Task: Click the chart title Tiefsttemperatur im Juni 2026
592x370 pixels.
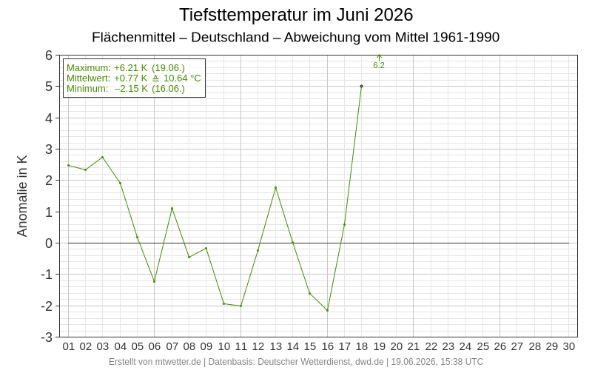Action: [296, 15]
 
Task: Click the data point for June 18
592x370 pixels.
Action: [361, 86]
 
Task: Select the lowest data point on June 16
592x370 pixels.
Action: [327, 310]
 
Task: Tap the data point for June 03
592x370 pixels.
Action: [102, 157]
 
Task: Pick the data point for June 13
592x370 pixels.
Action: [275, 188]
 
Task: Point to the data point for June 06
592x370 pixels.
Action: [154, 281]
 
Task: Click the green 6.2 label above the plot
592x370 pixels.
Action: [379, 65]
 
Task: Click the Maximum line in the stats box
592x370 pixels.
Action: [126, 68]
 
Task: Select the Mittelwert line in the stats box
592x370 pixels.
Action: [134, 78]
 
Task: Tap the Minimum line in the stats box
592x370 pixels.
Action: [126, 88]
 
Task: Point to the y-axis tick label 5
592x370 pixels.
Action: [49, 87]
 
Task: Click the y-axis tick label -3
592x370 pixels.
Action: [47, 337]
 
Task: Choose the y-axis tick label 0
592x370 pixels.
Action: [49, 243]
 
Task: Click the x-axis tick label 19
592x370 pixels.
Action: [379, 346]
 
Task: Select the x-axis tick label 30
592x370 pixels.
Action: [569, 346]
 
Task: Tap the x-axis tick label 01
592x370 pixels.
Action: [68, 346]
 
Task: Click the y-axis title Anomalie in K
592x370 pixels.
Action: [22, 196]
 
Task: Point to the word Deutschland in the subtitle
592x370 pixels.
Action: [230, 38]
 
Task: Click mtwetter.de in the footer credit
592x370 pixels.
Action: [178, 362]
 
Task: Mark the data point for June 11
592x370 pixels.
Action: [241, 306]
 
